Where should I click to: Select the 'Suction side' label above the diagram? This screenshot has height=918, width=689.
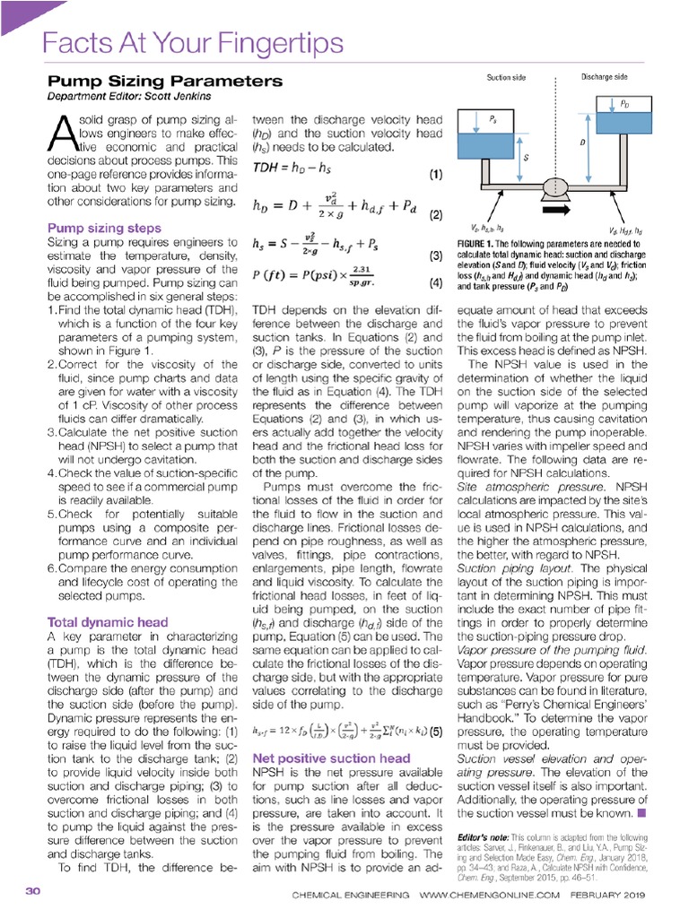506,78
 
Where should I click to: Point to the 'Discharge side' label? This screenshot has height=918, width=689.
607,77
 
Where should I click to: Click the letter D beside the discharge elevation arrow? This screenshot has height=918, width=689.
583,143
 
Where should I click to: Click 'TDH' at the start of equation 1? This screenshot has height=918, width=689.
266,169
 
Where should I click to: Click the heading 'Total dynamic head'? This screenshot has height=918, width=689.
107,621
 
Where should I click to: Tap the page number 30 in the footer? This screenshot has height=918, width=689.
33,892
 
